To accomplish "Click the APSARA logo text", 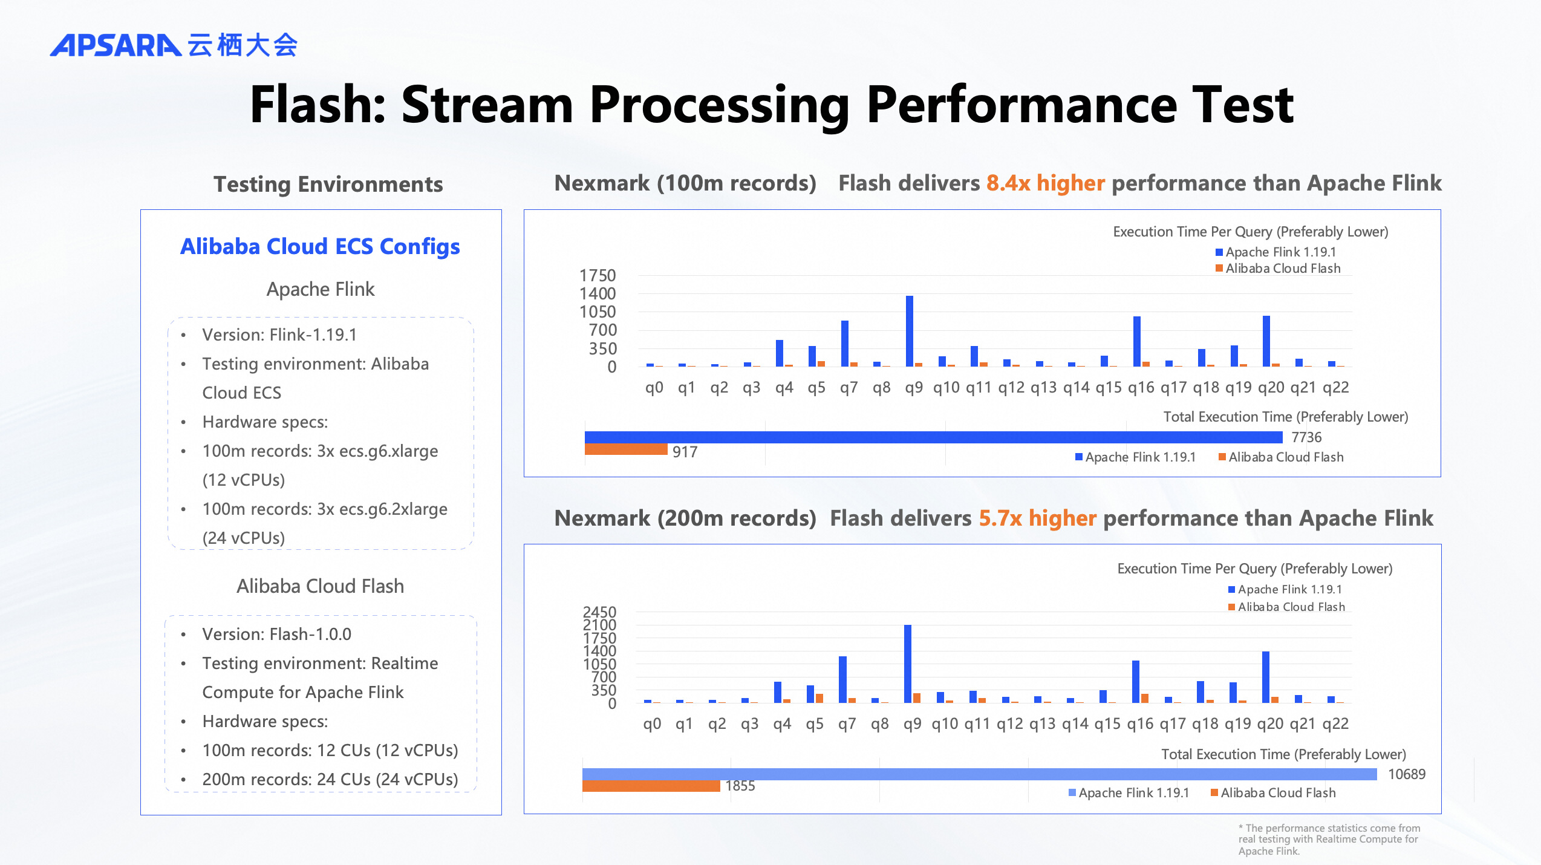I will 115,45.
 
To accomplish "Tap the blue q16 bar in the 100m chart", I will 1136,341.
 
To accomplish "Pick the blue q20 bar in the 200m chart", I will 1265,677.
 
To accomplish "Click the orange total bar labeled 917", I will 625,449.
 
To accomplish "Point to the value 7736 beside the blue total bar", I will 1306,437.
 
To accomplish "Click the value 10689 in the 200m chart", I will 1406,774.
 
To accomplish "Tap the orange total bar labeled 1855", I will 651,786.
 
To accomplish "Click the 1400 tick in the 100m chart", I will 598,294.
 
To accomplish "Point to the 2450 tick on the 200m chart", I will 599,612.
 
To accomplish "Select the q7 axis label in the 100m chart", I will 849,388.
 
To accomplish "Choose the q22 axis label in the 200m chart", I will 1335,724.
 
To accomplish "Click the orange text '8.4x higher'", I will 1046,183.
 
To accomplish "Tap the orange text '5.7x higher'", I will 1037,518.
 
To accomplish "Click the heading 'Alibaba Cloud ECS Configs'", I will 320,247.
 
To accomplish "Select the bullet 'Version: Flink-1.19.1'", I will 279,335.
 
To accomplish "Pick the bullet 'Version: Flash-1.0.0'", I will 276,634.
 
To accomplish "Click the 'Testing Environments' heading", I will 328,184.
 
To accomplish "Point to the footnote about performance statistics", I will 1329,839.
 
